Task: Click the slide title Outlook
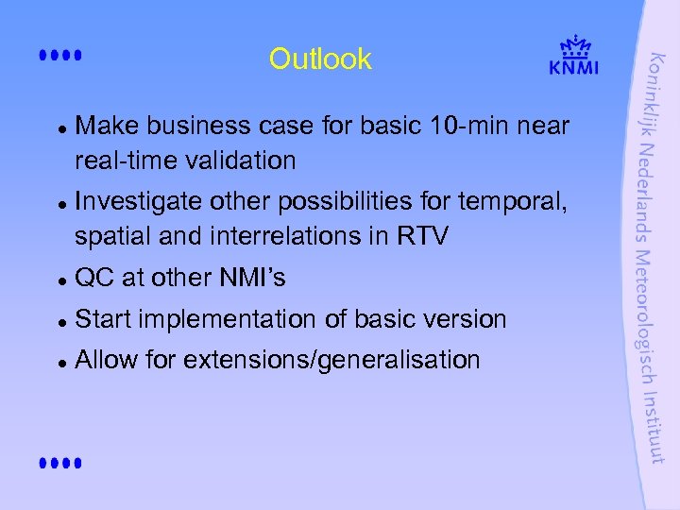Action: [x=320, y=59]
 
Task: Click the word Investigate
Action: [x=137, y=200]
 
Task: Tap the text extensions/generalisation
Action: [x=332, y=360]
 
